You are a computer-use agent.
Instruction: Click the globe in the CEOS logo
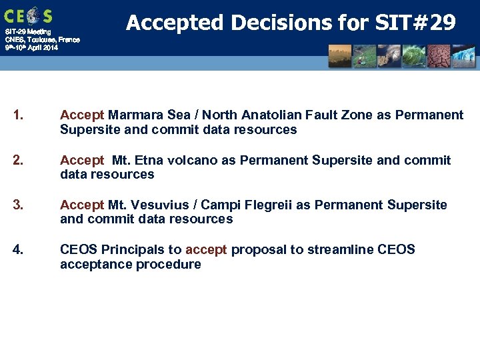[31, 15]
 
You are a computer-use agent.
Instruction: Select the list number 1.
[18, 115]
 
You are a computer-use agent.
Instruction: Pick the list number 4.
[18, 250]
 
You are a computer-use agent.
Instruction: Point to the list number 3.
[18, 205]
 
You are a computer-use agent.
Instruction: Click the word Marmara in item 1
[135, 115]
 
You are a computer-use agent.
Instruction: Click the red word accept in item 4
[206, 250]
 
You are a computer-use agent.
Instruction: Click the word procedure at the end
[169, 265]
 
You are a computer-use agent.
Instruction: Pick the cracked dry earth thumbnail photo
[438, 57]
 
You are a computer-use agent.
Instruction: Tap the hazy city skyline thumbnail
[339, 57]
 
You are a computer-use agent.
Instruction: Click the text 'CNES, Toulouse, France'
[42, 40]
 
